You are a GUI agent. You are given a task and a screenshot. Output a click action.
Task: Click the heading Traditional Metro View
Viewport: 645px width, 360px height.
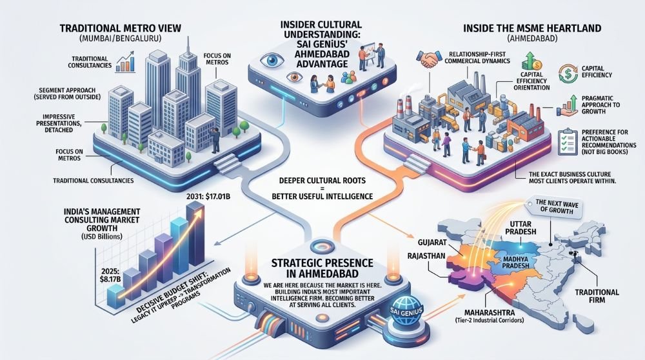[x=120, y=28]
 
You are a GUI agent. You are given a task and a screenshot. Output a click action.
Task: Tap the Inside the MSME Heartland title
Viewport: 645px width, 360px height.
[x=532, y=28]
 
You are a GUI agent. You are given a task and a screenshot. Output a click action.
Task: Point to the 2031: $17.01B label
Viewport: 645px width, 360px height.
[x=208, y=197]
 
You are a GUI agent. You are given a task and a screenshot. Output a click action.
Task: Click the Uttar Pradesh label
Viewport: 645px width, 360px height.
[x=521, y=228]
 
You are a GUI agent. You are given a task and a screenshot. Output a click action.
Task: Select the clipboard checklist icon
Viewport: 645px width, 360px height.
[x=567, y=142]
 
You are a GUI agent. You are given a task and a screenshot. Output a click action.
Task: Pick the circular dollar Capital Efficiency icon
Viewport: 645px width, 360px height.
[x=568, y=74]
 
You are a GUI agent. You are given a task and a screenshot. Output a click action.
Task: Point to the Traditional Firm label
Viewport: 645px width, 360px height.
[x=597, y=296]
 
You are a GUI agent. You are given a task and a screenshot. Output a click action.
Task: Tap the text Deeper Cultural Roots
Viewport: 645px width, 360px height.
[x=322, y=180]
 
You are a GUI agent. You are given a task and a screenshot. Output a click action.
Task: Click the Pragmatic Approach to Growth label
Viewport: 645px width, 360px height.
[x=600, y=105]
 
